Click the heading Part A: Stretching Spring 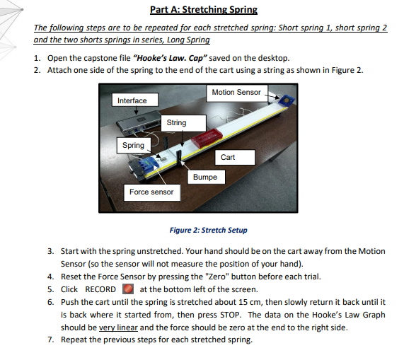coord(204,9)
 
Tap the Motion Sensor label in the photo coord(236,92)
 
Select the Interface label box coord(132,100)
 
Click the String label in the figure coord(176,122)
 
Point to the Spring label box coord(133,145)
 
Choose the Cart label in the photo coord(228,157)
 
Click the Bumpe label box coord(204,177)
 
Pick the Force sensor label coord(151,191)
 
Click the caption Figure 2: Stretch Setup coord(209,230)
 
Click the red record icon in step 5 coord(127,289)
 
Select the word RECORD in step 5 coord(100,289)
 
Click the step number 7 coord(50,340)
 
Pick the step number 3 coord(50,251)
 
